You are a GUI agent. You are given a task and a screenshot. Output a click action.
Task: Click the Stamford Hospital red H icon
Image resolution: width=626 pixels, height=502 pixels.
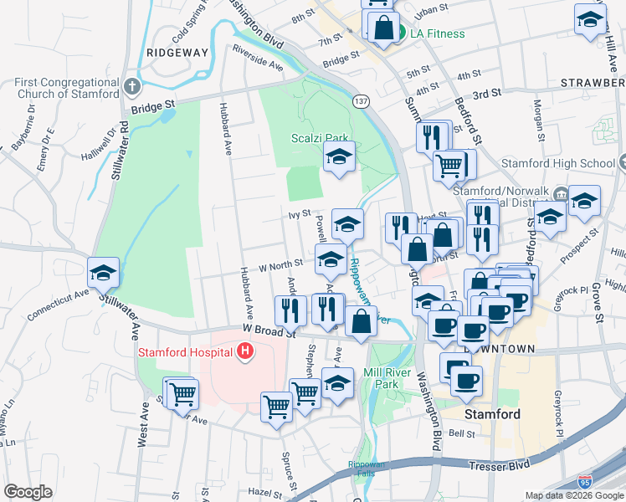[x=245, y=352]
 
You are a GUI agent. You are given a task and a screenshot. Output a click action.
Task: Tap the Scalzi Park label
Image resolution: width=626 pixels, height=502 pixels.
[x=319, y=138]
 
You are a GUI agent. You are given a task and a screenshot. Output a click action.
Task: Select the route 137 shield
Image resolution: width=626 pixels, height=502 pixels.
[x=361, y=101]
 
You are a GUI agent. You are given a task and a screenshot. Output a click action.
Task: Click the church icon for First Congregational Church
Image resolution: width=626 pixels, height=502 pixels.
[x=131, y=87]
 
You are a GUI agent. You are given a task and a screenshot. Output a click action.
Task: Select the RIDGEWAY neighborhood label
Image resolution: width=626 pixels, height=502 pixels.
[x=176, y=52]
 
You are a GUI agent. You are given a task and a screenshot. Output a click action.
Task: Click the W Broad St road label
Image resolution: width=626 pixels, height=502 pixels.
[x=270, y=331]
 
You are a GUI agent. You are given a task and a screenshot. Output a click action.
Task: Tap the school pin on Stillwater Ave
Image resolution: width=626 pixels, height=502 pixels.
[x=104, y=273]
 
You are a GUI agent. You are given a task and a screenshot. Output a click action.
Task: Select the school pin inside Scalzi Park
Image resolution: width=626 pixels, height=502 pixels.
[x=339, y=156]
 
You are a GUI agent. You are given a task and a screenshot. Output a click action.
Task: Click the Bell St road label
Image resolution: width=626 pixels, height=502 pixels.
[x=462, y=433]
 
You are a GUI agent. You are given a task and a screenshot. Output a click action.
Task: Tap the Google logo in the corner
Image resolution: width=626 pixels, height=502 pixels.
[x=28, y=492]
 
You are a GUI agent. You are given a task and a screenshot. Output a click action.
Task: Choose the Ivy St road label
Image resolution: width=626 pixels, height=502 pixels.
[x=300, y=214]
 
